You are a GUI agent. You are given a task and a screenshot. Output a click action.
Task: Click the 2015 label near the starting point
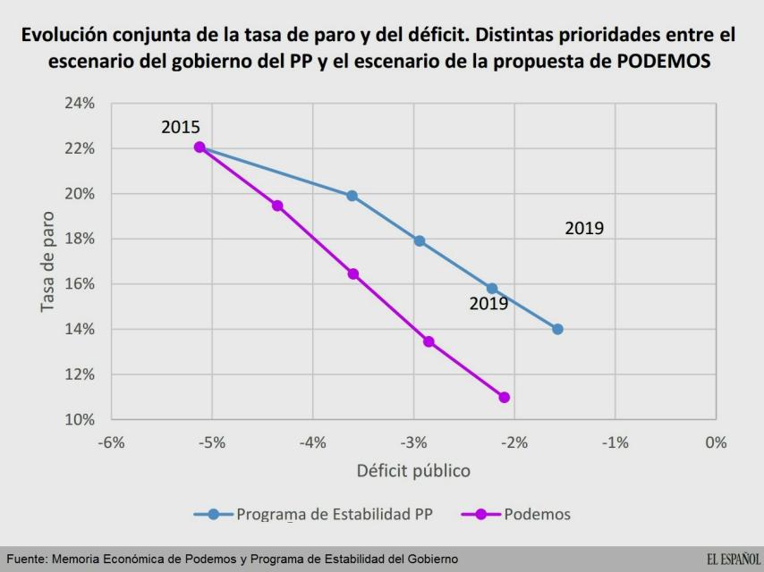(181, 128)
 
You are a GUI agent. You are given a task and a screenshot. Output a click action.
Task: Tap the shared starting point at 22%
(199, 147)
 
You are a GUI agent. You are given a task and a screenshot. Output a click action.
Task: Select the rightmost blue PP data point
(557, 329)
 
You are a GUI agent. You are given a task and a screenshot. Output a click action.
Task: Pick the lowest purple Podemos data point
(505, 397)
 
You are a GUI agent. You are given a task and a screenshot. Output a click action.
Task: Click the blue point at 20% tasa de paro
(352, 196)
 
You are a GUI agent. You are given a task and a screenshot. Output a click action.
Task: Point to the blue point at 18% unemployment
(419, 240)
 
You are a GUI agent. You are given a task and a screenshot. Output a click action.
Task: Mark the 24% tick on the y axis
(81, 104)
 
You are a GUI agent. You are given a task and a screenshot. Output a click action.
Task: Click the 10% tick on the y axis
(81, 419)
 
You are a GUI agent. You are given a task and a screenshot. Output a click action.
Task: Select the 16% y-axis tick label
(81, 284)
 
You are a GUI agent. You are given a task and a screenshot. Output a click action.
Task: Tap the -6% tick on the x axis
(111, 442)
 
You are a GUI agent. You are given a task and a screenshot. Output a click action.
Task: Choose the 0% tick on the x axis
(716, 442)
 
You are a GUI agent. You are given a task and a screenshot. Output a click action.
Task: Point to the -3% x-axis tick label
(413, 442)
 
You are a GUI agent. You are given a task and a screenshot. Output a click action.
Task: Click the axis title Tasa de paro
(48, 262)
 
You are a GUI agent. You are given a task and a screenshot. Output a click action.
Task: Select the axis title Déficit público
(413, 470)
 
